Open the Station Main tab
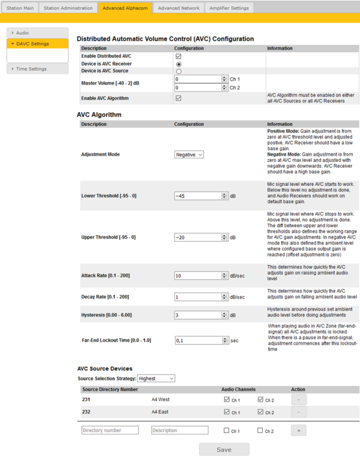point(20,8)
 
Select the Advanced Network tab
point(179,8)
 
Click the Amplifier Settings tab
point(230,8)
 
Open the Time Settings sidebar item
point(31,69)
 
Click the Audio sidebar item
point(22,33)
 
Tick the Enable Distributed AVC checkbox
point(178,56)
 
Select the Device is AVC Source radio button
point(178,71)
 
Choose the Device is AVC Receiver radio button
point(178,64)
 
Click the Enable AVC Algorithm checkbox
point(178,98)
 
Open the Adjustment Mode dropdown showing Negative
point(189,154)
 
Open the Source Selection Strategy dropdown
point(155,378)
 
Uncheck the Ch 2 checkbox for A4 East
point(260,412)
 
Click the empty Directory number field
point(110,430)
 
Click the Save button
point(224,449)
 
